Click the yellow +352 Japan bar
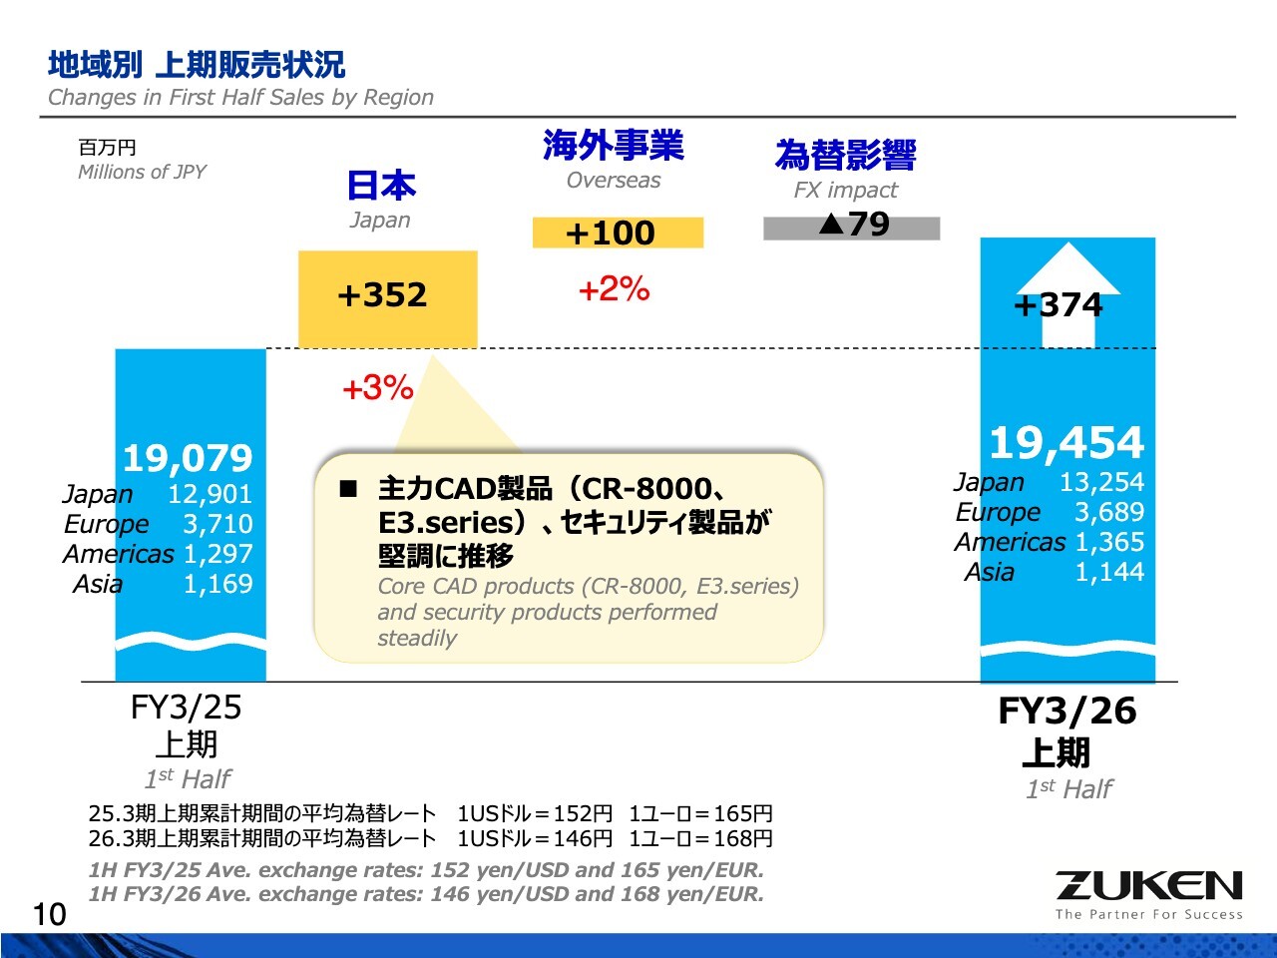coord(387,297)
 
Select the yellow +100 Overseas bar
coord(617,233)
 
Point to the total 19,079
coord(188,459)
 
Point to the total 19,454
coord(1065,443)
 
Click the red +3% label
coord(377,387)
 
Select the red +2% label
coord(614,289)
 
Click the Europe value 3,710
coord(217,524)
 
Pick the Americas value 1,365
coord(1108,542)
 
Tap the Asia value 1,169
coord(217,584)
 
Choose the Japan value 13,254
coord(1101,482)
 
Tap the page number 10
coord(49,914)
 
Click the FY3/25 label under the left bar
coord(187,708)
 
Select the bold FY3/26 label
coord(1066,712)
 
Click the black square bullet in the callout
coord(348,489)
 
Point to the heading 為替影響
coord(845,156)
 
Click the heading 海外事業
coord(614,146)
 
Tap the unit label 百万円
coord(107,148)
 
